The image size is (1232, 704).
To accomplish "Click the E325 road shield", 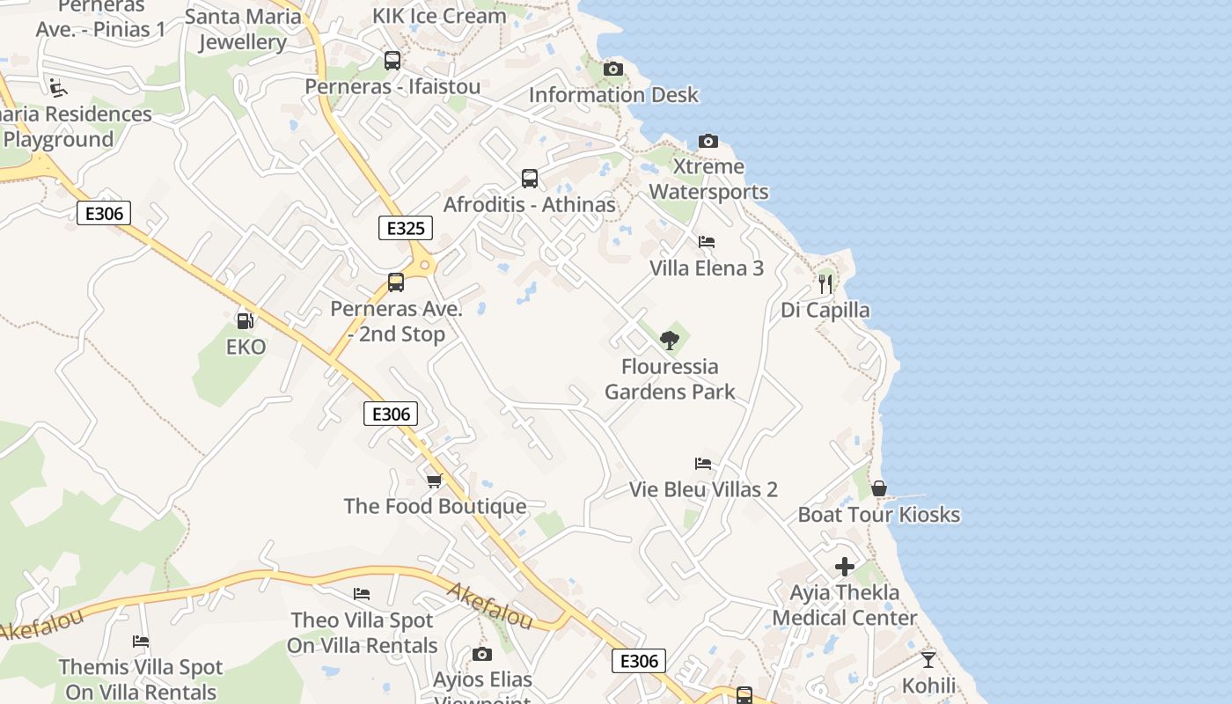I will [406, 229].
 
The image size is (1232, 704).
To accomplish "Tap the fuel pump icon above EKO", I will [246, 321].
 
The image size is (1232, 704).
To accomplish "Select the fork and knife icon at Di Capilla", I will [825, 283].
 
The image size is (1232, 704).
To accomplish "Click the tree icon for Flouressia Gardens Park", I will [670, 340].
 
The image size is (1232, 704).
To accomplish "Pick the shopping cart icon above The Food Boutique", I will [434, 480].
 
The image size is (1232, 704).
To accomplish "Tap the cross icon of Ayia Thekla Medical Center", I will [845, 567].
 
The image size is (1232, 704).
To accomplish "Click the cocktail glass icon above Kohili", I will [928, 659].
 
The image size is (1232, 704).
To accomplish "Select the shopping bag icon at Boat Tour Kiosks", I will [878, 489].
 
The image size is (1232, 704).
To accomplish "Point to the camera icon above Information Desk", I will [613, 69].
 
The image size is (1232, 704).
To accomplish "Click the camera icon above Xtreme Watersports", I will [708, 141].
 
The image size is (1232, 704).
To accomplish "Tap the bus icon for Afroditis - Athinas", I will [530, 179].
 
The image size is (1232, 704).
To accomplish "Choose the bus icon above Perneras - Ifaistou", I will [392, 61].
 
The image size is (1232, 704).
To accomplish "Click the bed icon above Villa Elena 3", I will [706, 242].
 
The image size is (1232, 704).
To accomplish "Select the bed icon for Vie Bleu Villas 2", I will [702, 464].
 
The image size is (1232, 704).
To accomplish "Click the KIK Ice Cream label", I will [439, 16].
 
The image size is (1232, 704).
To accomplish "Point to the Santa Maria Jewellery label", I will [243, 29].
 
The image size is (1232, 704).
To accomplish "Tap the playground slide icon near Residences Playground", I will [57, 87].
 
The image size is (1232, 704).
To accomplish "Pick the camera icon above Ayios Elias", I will [481, 654].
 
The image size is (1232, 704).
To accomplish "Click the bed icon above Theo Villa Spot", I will [362, 594].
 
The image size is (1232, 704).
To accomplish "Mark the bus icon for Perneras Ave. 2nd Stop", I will [396, 282].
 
